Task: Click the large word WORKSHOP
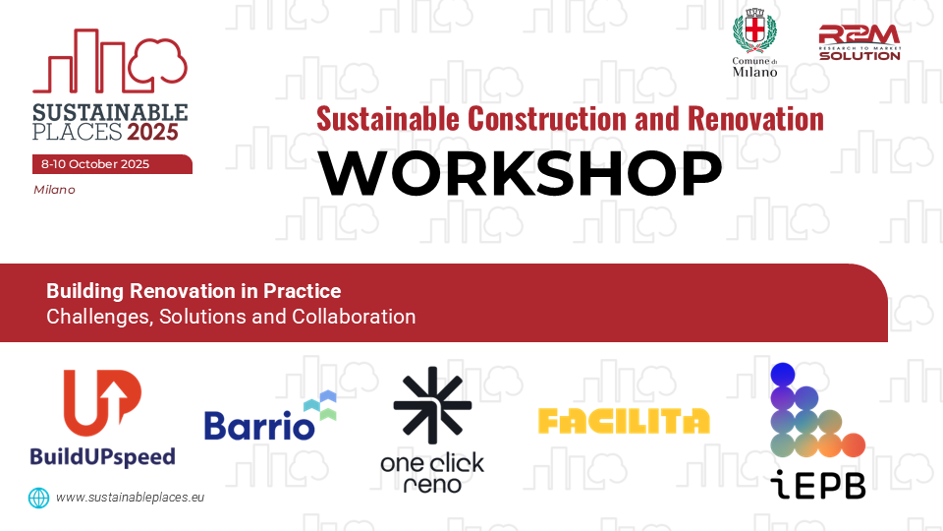click(x=521, y=173)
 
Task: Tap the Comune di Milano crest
click(x=754, y=30)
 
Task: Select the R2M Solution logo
click(x=860, y=42)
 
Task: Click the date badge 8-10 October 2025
click(x=112, y=164)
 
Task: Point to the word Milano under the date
click(x=54, y=190)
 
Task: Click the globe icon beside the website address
click(x=39, y=498)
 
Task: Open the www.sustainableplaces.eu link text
click(x=130, y=498)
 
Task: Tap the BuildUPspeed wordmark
click(x=103, y=457)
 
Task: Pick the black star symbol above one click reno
click(x=432, y=404)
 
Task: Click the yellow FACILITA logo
click(x=624, y=421)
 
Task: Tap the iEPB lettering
click(x=818, y=485)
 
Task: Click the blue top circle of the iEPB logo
click(x=783, y=375)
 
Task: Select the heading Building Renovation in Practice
click(x=194, y=291)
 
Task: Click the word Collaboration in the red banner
click(x=354, y=317)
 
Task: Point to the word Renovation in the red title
click(x=755, y=119)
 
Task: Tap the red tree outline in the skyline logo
click(x=158, y=61)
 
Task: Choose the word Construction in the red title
click(x=547, y=119)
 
